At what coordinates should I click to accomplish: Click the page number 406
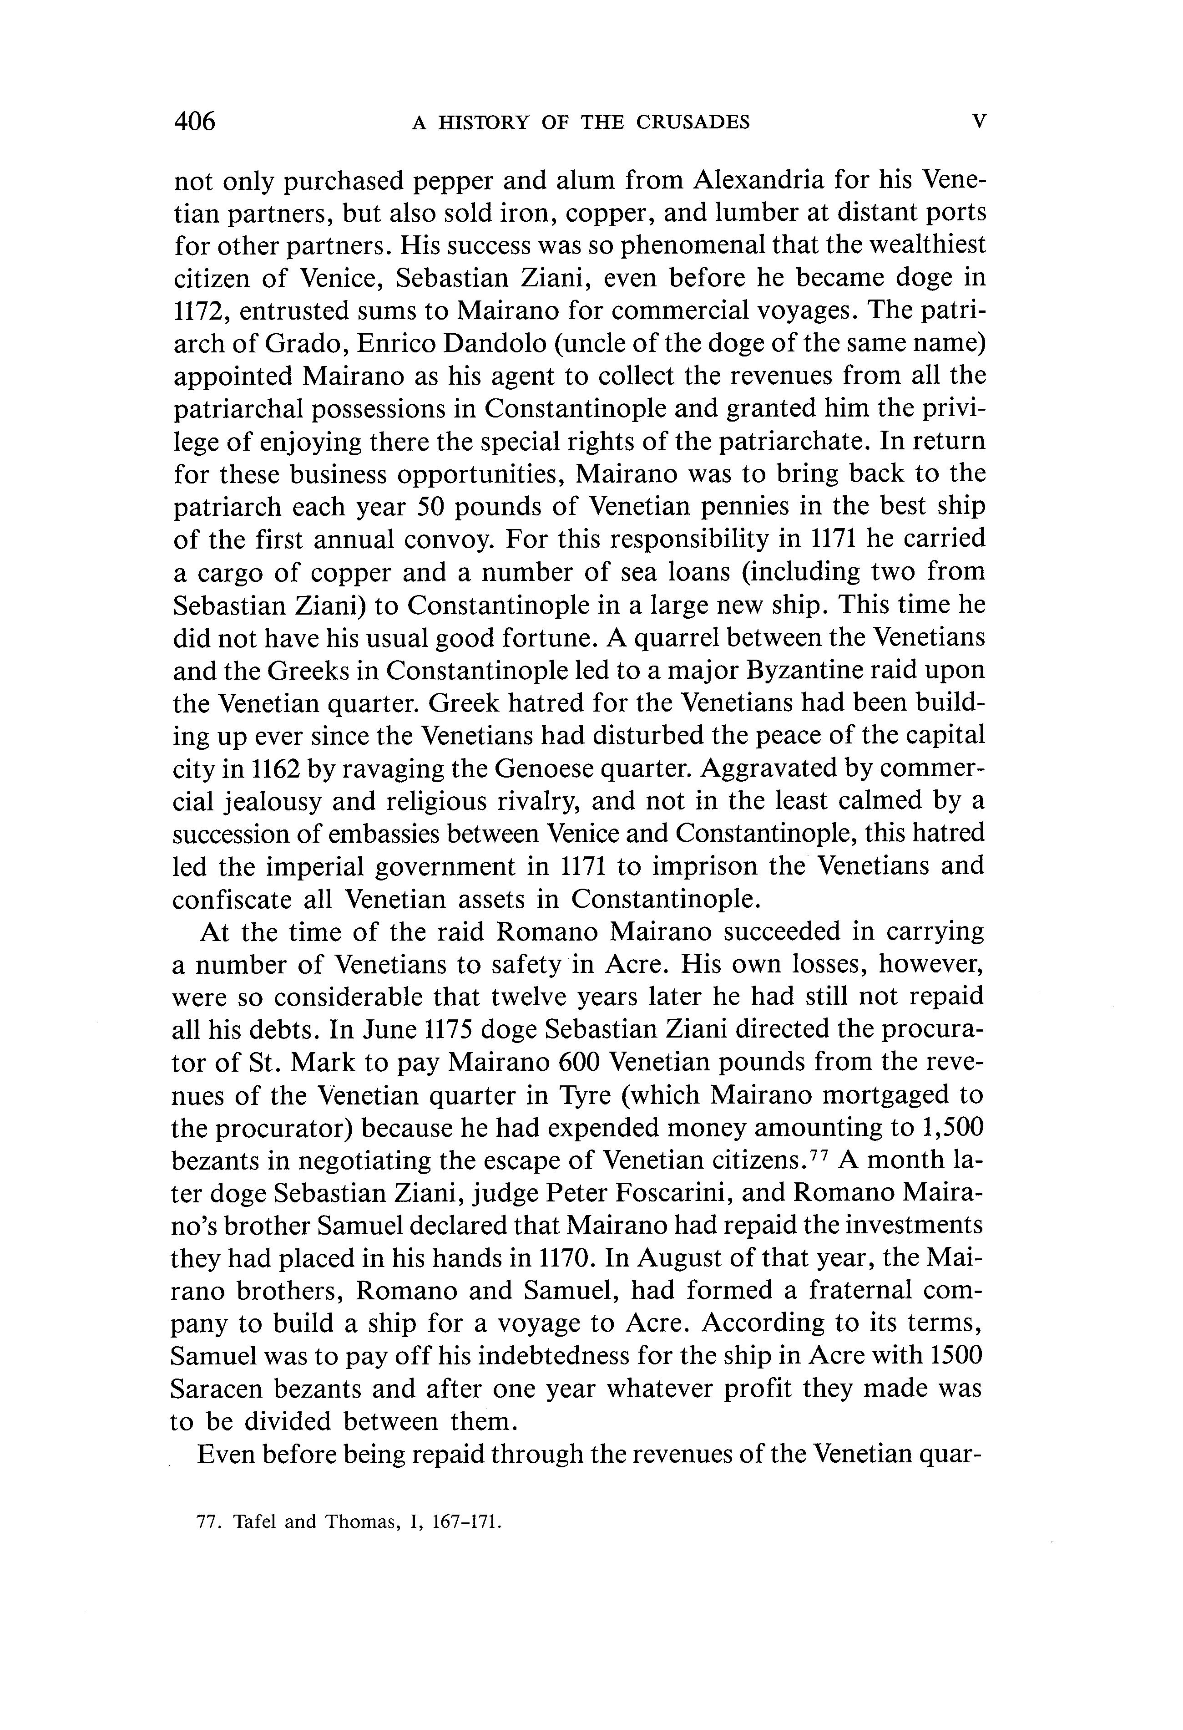(x=194, y=121)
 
